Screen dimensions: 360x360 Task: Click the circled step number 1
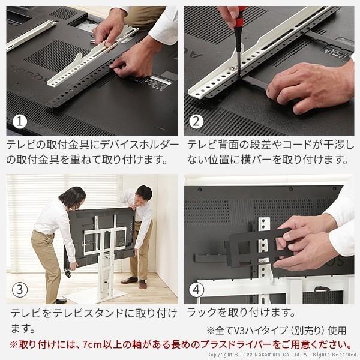click(21, 122)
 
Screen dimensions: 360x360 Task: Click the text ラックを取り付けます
click(241, 313)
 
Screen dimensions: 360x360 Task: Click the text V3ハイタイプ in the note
click(257, 330)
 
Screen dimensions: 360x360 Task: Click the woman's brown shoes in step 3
click(60, 301)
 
